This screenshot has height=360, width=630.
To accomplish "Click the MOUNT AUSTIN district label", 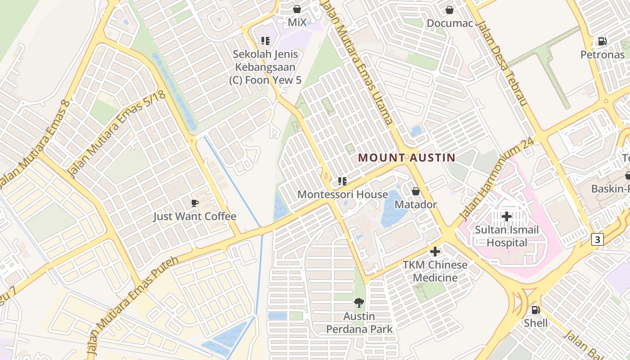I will [407, 158].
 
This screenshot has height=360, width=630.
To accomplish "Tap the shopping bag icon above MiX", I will [297, 9].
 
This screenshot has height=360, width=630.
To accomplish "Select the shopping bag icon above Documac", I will [449, 9].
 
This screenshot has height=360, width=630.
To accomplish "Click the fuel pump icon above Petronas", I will [602, 41].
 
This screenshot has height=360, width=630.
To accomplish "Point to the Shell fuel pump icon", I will [535, 310].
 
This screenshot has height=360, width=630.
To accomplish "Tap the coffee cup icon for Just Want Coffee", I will [194, 203].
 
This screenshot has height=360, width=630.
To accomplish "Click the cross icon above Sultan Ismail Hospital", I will [507, 216].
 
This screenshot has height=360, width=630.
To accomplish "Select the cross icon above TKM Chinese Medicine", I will [435, 252].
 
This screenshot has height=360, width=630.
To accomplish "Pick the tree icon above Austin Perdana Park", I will [359, 303].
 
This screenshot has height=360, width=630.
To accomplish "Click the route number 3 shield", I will [597, 239].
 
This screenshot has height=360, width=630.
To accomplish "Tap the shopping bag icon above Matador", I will [416, 191].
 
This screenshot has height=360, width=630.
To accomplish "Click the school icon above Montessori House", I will [342, 181].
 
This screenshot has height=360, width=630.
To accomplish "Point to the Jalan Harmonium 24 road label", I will [497, 179].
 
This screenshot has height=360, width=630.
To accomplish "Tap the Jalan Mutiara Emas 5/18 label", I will [117, 133].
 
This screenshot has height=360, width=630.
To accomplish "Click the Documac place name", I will [450, 23].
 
